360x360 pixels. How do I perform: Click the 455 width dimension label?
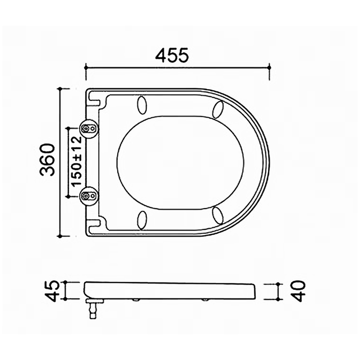tap(172, 55)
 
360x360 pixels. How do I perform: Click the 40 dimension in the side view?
tap(298, 291)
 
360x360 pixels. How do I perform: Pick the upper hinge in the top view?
tap(88, 128)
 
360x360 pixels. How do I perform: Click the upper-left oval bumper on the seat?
tap(142, 104)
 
